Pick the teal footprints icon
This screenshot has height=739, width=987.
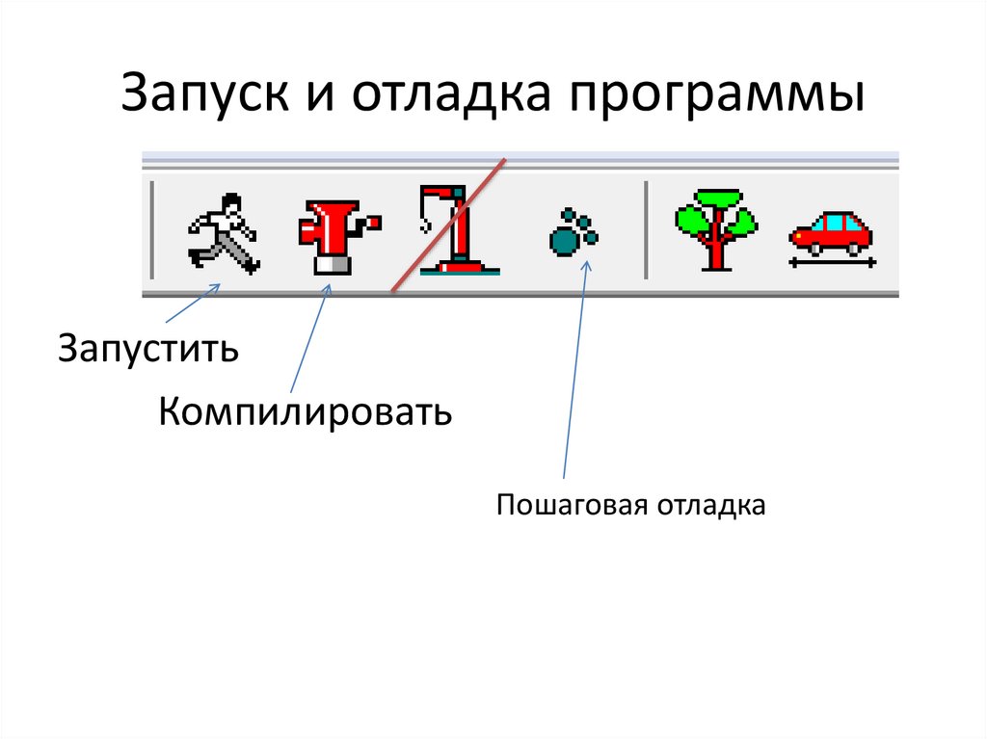pyautogui.click(x=574, y=232)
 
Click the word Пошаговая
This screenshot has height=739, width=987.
pyautogui.click(x=574, y=505)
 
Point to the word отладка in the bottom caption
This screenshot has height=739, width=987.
pyautogui.click(x=712, y=505)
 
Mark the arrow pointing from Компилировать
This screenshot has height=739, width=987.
pyautogui.click(x=308, y=337)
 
